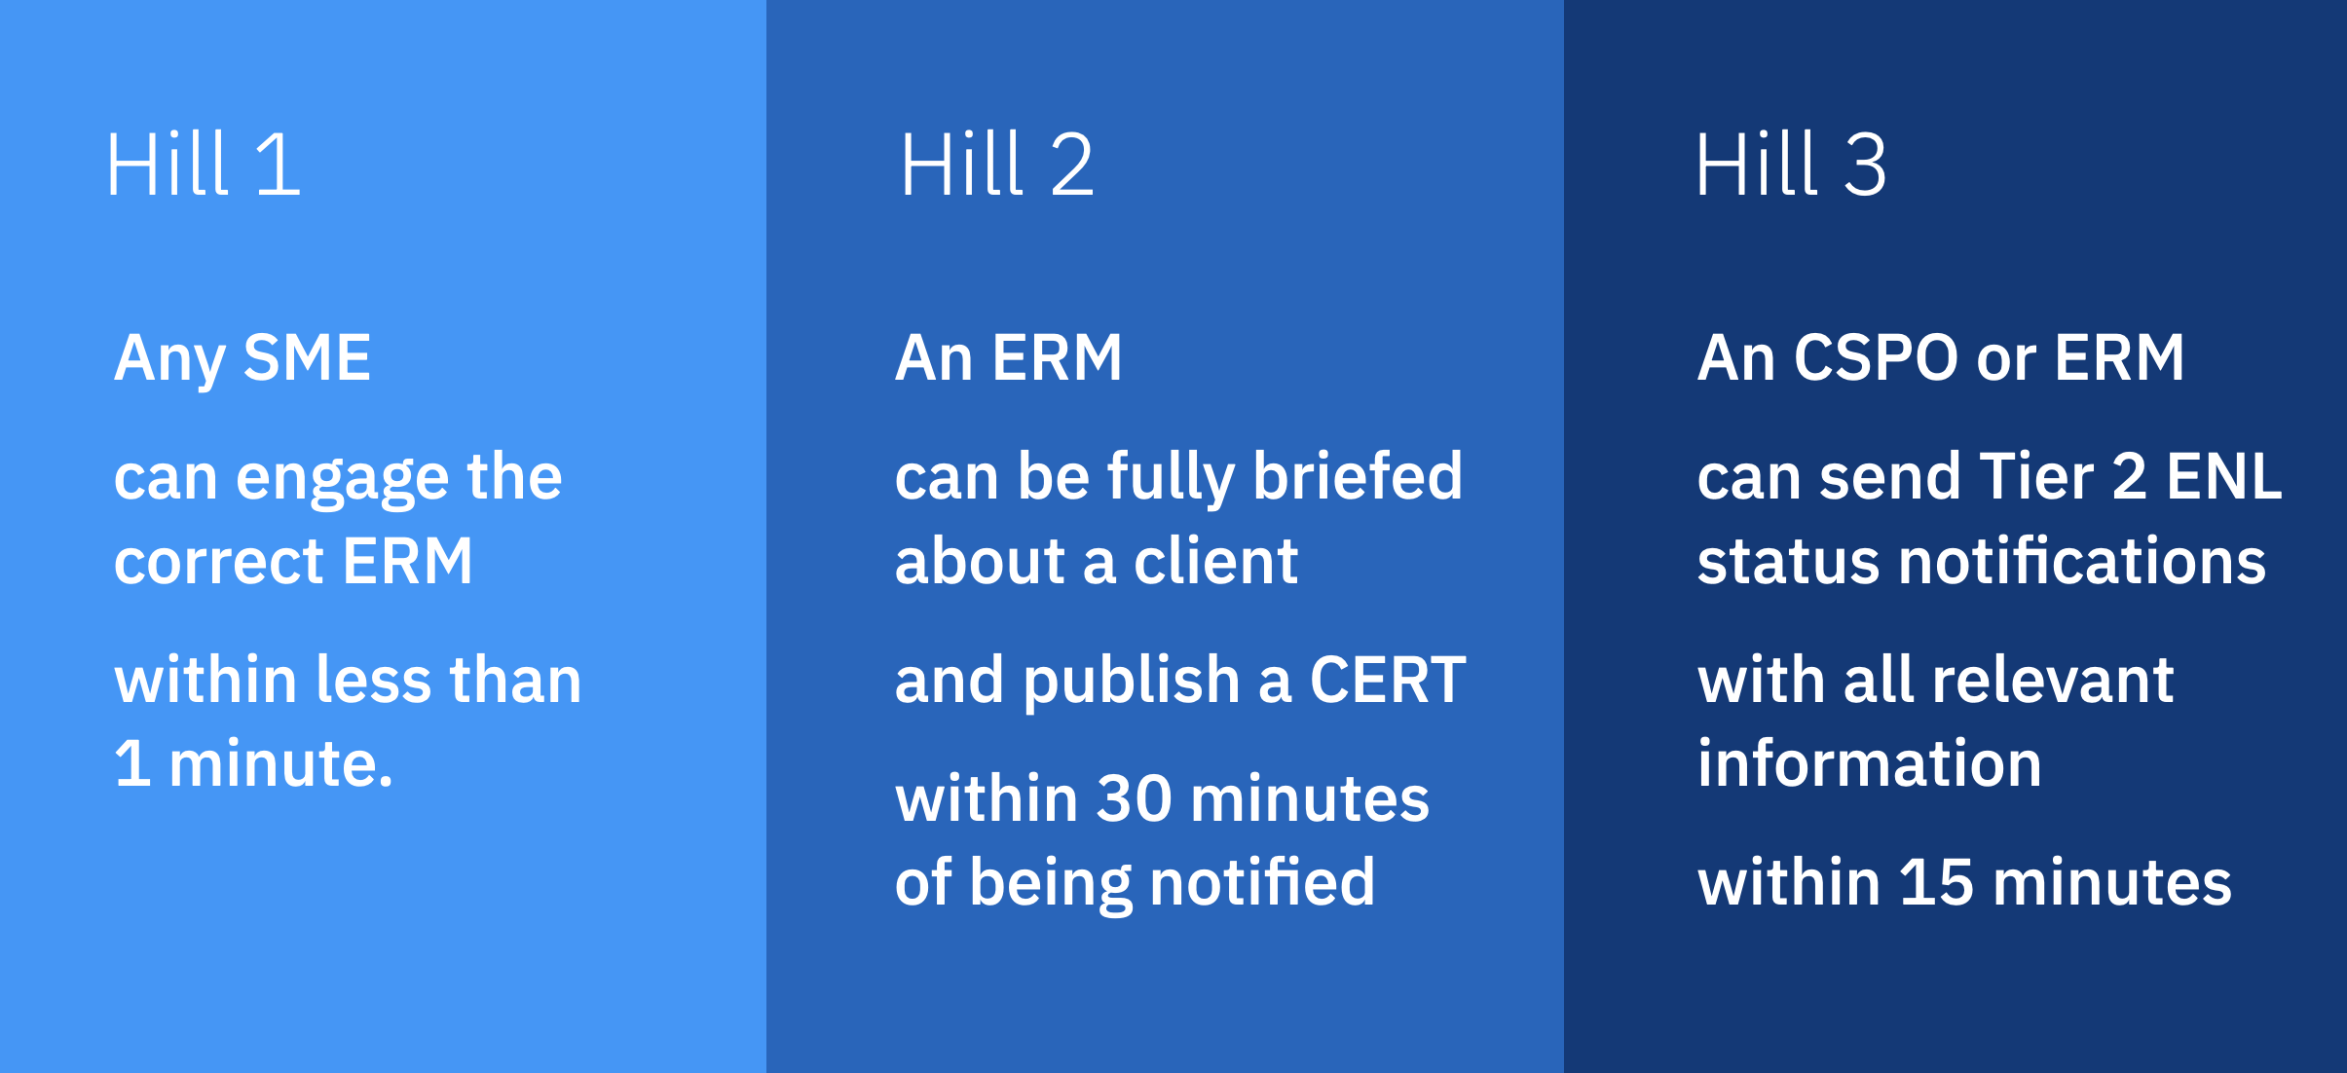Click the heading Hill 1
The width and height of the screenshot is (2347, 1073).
[203, 165]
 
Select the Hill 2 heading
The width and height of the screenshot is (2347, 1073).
[996, 165]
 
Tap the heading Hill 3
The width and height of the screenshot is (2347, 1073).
[1790, 165]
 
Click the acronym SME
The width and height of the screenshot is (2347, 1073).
[307, 357]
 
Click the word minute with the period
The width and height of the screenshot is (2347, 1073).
[280, 763]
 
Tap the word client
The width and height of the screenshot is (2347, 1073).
[1215, 562]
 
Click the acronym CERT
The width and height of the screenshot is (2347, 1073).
[1388, 680]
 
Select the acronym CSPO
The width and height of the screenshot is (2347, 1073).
[1876, 357]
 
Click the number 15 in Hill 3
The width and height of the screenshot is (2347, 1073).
[1936, 883]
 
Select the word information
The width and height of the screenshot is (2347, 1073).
[1869, 763]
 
